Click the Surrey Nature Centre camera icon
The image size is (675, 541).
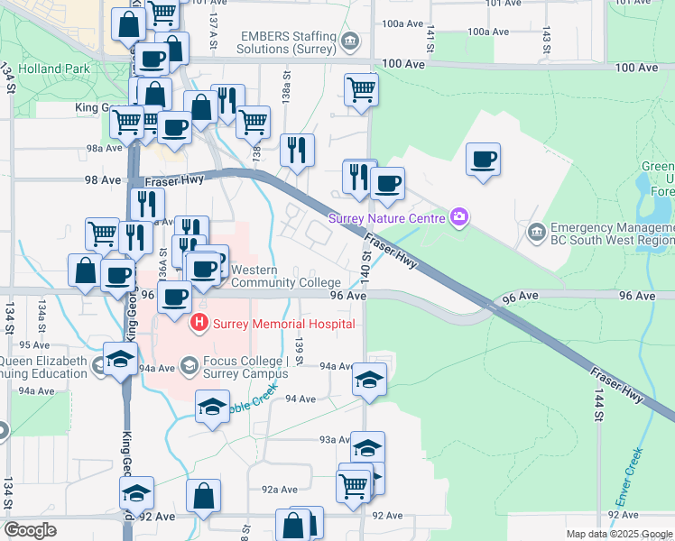click(459, 217)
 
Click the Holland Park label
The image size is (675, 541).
click(57, 69)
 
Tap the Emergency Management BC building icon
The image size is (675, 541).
click(538, 232)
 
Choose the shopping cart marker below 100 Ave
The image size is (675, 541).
click(360, 88)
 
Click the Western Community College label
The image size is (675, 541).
click(286, 276)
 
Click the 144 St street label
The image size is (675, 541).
click(597, 408)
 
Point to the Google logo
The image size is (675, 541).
click(30, 530)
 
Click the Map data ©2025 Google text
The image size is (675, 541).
click(619, 534)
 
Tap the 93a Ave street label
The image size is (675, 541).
click(335, 439)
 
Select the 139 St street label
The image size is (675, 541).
click(298, 347)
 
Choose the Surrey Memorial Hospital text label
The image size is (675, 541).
click(283, 324)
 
